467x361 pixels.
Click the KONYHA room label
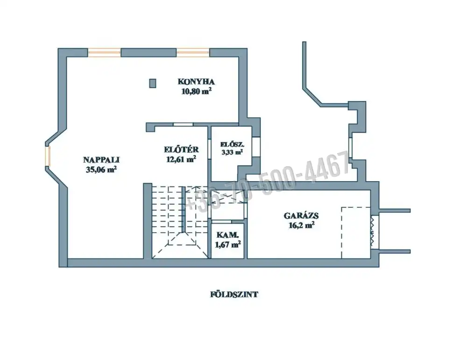[196, 81]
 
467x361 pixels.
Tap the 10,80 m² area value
[196, 91]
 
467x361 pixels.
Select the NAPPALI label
[101, 160]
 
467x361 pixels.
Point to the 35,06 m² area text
[101, 169]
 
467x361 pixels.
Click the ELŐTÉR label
[181, 149]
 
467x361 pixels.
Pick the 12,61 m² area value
[181, 159]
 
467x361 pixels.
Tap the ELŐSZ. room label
[232, 145]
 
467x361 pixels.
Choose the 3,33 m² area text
[232, 152]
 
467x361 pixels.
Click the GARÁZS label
[301, 215]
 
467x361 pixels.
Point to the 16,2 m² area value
[301, 225]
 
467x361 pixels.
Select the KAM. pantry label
[227, 235]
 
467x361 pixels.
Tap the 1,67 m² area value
[227, 245]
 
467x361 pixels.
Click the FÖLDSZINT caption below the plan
[234, 295]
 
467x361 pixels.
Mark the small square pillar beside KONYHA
[153, 83]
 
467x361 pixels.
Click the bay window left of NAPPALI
[48, 156]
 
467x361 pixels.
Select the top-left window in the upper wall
[104, 53]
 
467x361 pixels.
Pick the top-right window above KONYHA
[193, 53]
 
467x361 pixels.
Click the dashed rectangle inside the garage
[356, 233]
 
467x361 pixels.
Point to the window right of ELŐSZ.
[255, 146]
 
